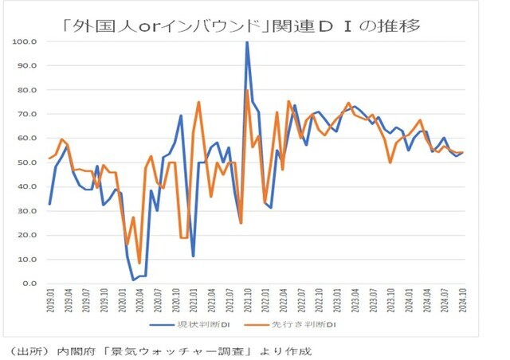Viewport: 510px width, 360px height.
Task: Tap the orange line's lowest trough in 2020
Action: (139, 263)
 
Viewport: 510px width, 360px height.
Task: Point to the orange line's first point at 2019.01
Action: (49, 158)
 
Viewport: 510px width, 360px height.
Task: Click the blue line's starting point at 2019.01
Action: (49, 204)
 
